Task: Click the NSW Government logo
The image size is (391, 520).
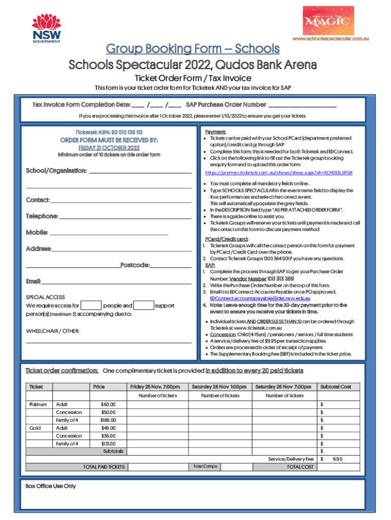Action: point(47,28)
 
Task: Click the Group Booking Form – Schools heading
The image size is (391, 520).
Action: point(192,49)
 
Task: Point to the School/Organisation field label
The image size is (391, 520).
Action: point(56,171)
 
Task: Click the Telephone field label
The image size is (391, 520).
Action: point(42,216)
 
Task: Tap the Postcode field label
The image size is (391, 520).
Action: point(135,265)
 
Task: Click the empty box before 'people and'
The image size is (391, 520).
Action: point(91,305)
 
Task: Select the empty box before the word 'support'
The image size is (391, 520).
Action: point(144,305)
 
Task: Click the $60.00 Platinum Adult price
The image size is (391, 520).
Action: point(108,405)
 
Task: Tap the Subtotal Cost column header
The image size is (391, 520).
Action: point(336,387)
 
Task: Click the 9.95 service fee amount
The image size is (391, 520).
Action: point(338,459)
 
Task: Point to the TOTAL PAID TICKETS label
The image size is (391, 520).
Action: point(104,467)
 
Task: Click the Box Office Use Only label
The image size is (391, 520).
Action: point(51,486)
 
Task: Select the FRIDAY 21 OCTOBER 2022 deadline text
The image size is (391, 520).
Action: point(109,147)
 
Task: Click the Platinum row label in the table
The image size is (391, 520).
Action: point(38,405)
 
